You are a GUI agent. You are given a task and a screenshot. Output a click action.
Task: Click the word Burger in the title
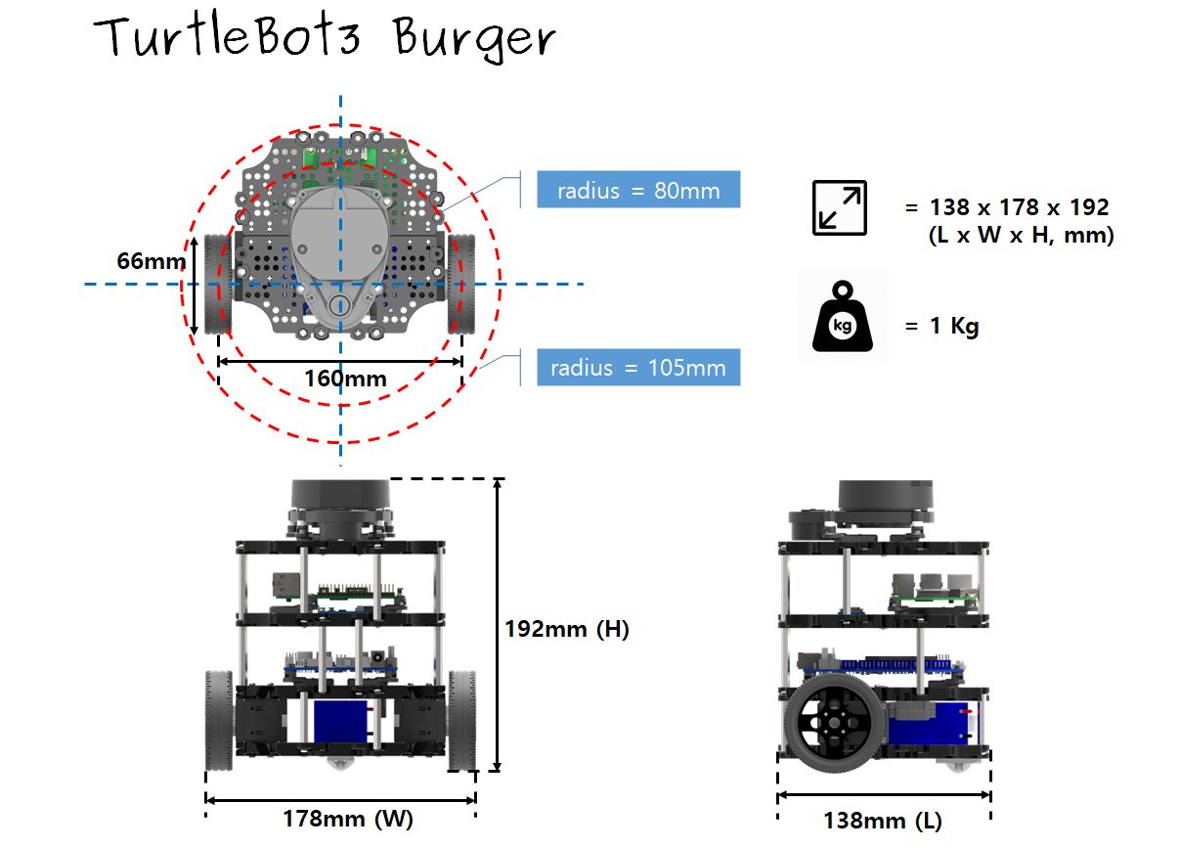tap(474, 39)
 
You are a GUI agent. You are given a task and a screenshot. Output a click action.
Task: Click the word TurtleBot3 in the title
tap(228, 36)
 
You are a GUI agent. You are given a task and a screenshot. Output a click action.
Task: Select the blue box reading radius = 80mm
tap(638, 190)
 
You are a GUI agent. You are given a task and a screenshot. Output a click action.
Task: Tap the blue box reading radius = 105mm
tap(638, 368)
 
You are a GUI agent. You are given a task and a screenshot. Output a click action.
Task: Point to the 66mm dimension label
tap(152, 261)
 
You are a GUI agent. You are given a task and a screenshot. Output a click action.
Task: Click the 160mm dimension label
tap(345, 379)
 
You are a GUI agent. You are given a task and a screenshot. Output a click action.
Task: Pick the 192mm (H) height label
tap(567, 629)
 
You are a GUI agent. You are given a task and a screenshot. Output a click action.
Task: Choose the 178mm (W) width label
tap(348, 819)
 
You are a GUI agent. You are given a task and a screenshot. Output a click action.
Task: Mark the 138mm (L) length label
tap(883, 821)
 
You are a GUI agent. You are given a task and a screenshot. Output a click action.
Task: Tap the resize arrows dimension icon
tap(840, 207)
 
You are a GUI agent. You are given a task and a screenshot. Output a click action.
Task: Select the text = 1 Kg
tap(941, 327)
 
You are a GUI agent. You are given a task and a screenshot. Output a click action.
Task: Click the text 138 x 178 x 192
tap(1007, 207)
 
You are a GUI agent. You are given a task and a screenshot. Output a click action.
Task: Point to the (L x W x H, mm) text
tap(1021, 235)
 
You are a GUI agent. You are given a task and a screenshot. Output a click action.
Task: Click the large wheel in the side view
tap(835, 723)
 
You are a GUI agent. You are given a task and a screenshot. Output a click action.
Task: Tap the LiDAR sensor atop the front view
tap(341, 510)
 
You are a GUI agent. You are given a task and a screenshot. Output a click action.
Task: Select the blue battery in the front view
tap(340, 722)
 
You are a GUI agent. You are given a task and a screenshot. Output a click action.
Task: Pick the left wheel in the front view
tap(219, 721)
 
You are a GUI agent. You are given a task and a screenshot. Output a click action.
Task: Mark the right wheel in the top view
tap(461, 284)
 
